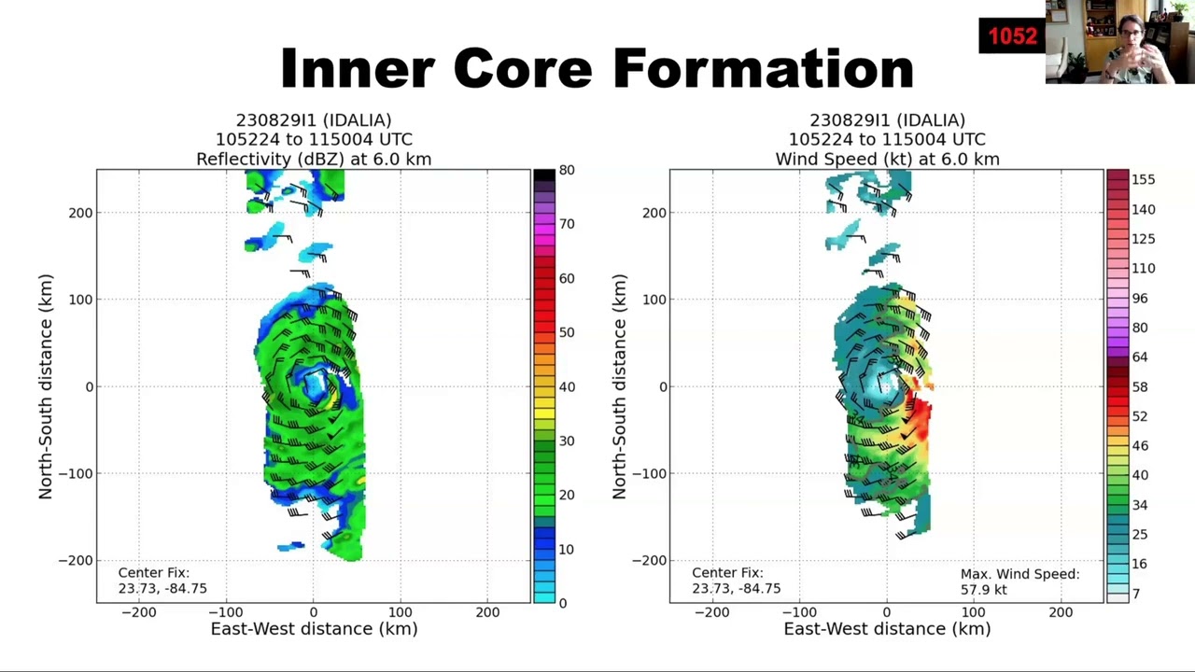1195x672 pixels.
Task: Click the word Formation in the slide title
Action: pyautogui.click(x=764, y=68)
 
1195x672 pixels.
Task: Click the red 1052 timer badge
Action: pyautogui.click(x=1012, y=35)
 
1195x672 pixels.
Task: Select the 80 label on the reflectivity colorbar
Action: pyautogui.click(x=567, y=170)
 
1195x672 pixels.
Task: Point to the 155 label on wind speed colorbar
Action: pyautogui.click(x=1144, y=180)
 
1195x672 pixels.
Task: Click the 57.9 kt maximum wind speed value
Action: pyautogui.click(x=984, y=589)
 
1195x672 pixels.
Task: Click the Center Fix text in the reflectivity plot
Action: pyautogui.click(x=154, y=573)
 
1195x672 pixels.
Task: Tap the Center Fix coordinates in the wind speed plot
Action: pyautogui.click(x=737, y=588)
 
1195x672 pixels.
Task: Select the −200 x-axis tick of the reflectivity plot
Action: pyautogui.click(x=139, y=612)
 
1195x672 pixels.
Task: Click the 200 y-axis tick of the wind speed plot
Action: pyautogui.click(x=654, y=213)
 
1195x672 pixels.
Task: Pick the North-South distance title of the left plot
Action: pyautogui.click(x=46, y=386)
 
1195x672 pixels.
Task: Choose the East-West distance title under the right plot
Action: pyautogui.click(x=887, y=629)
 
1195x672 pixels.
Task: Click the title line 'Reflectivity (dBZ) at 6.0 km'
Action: pyautogui.click(x=314, y=159)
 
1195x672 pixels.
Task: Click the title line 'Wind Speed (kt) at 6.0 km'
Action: pyautogui.click(x=887, y=159)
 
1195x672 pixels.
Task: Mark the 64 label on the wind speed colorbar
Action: pyautogui.click(x=1140, y=357)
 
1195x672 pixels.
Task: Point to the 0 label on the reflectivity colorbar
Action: pyautogui.click(x=563, y=603)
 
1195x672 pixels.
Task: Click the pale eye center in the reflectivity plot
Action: pyautogui.click(x=316, y=385)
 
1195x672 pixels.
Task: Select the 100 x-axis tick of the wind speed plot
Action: pyautogui.click(x=974, y=612)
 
